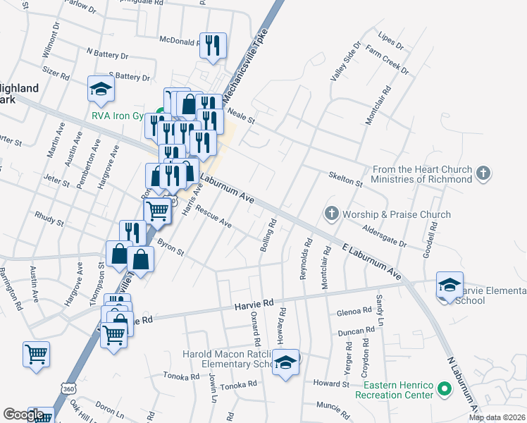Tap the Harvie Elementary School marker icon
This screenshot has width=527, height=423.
[449, 285]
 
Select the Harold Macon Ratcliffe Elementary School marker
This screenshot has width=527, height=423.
[285, 362]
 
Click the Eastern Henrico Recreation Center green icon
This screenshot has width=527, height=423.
[445, 388]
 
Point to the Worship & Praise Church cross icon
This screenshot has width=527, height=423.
[331, 213]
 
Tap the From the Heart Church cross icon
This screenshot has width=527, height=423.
[483, 173]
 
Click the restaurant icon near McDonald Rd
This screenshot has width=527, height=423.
[213, 45]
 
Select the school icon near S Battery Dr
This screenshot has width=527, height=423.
[100, 89]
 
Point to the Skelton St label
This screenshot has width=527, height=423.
[346, 179]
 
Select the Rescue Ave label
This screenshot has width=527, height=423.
[214, 217]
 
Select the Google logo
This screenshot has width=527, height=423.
[23, 415]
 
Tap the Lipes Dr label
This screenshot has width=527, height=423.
[390, 40]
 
